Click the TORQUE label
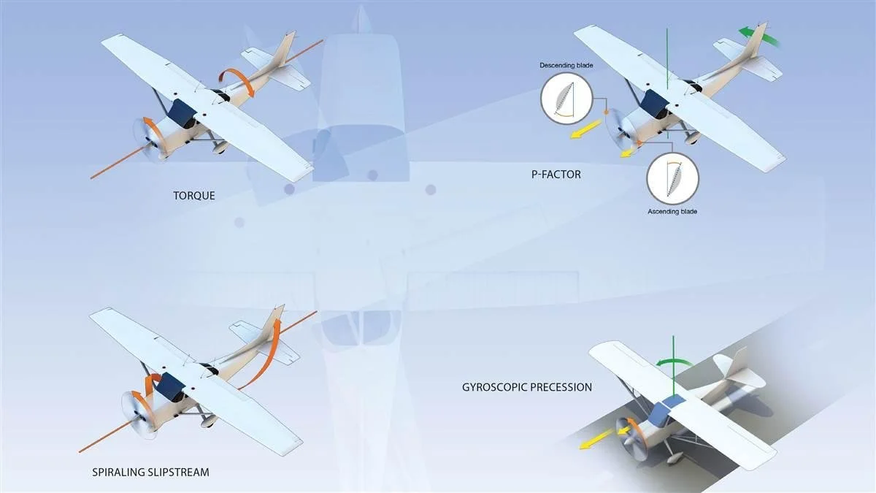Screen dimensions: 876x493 (193, 195)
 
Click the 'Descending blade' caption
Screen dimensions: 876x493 (566, 66)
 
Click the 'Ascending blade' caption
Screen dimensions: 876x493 (672, 212)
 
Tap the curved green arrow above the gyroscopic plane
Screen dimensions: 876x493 (672, 363)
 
